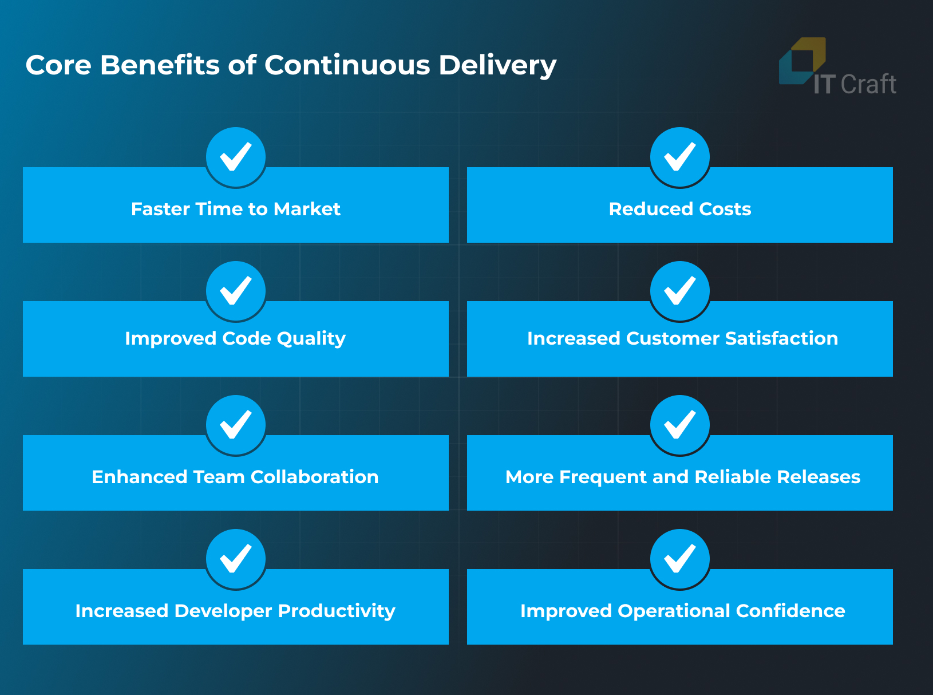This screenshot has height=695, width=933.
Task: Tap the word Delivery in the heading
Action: click(x=497, y=66)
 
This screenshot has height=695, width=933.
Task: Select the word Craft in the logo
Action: click(x=868, y=84)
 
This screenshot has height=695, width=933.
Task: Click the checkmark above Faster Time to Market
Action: click(x=236, y=156)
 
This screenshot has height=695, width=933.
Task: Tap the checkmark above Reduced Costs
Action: click(x=680, y=156)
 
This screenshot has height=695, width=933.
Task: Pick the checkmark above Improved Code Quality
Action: click(x=236, y=290)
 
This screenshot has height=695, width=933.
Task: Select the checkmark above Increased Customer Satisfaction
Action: click(x=680, y=290)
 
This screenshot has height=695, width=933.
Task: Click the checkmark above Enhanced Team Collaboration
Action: click(x=236, y=424)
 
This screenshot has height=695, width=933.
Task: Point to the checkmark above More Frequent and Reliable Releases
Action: click(x=680, y=424)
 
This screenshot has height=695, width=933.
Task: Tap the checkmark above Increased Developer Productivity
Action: click(x=236, y=558)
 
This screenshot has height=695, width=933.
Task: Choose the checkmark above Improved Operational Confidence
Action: click(x=680, y=558)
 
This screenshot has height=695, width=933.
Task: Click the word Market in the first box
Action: click(x=307, y=209)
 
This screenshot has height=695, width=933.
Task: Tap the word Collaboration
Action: click(x=315, y=477)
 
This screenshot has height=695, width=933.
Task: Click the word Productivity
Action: click(x=337, y=611)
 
